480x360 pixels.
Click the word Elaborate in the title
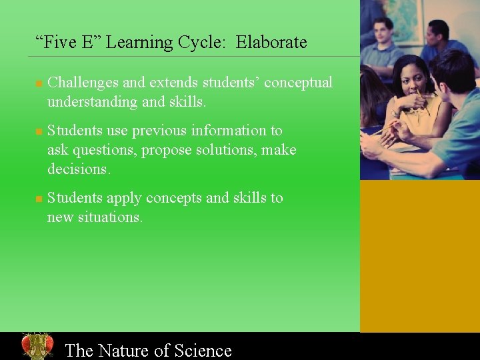coord(271,43)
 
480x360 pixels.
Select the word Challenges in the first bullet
coord(83,83)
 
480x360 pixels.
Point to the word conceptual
coord(298,83)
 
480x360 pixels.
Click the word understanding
coord(92,103)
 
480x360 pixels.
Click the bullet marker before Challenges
coord(39,84)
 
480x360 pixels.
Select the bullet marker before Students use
coord(39,132)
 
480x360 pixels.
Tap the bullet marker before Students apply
coord(39,199)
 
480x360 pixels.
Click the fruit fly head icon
coord(37,346)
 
